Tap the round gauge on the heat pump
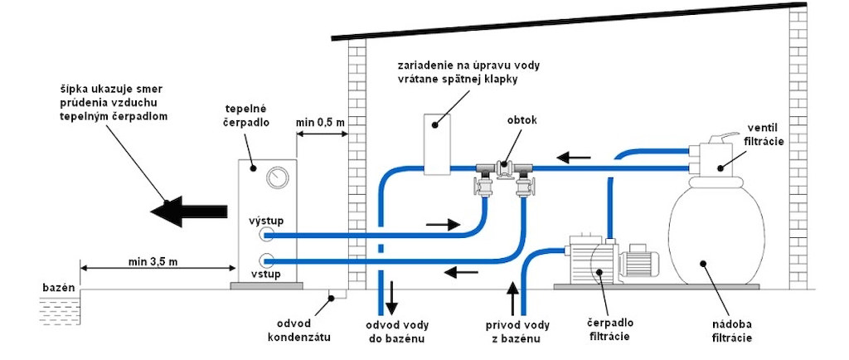(x=274, y=178)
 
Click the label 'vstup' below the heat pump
(x=266, y=273)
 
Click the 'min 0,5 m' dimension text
(x=321, y=123)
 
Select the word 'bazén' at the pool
(x=58, y=287)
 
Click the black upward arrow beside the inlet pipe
(x=512, y=296)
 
